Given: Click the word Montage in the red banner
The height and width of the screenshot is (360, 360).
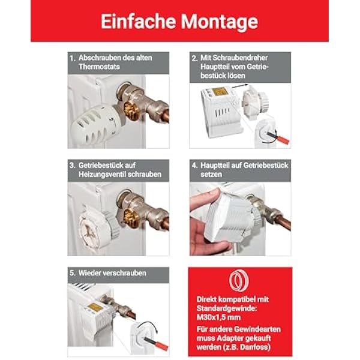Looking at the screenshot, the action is coord(220,22).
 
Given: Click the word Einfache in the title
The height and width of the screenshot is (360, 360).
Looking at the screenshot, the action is coord(139,22).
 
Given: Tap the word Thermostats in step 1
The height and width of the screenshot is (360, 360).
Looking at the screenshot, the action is coord(99,67).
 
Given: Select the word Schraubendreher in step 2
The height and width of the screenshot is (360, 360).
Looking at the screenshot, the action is coord(234,58).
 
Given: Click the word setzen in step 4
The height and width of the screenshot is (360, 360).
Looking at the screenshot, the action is coord(211,175).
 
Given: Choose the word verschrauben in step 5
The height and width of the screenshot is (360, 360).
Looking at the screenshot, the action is coord(124,273).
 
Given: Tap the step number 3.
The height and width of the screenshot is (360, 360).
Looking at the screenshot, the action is coord(73,166).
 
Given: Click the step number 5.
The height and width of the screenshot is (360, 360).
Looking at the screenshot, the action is coord(73,273).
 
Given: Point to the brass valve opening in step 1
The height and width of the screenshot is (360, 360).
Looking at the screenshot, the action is coord(131,111).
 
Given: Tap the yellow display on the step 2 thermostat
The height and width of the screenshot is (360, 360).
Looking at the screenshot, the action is coord(220,91).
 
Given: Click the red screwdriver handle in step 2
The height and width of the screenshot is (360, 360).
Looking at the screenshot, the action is coord(283,139).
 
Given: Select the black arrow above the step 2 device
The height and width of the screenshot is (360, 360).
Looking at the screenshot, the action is coord(240,86).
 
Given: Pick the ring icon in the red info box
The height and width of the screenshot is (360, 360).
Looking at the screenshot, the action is coord(239,281).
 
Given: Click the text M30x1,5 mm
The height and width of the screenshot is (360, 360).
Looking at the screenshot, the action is coord(218,317).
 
